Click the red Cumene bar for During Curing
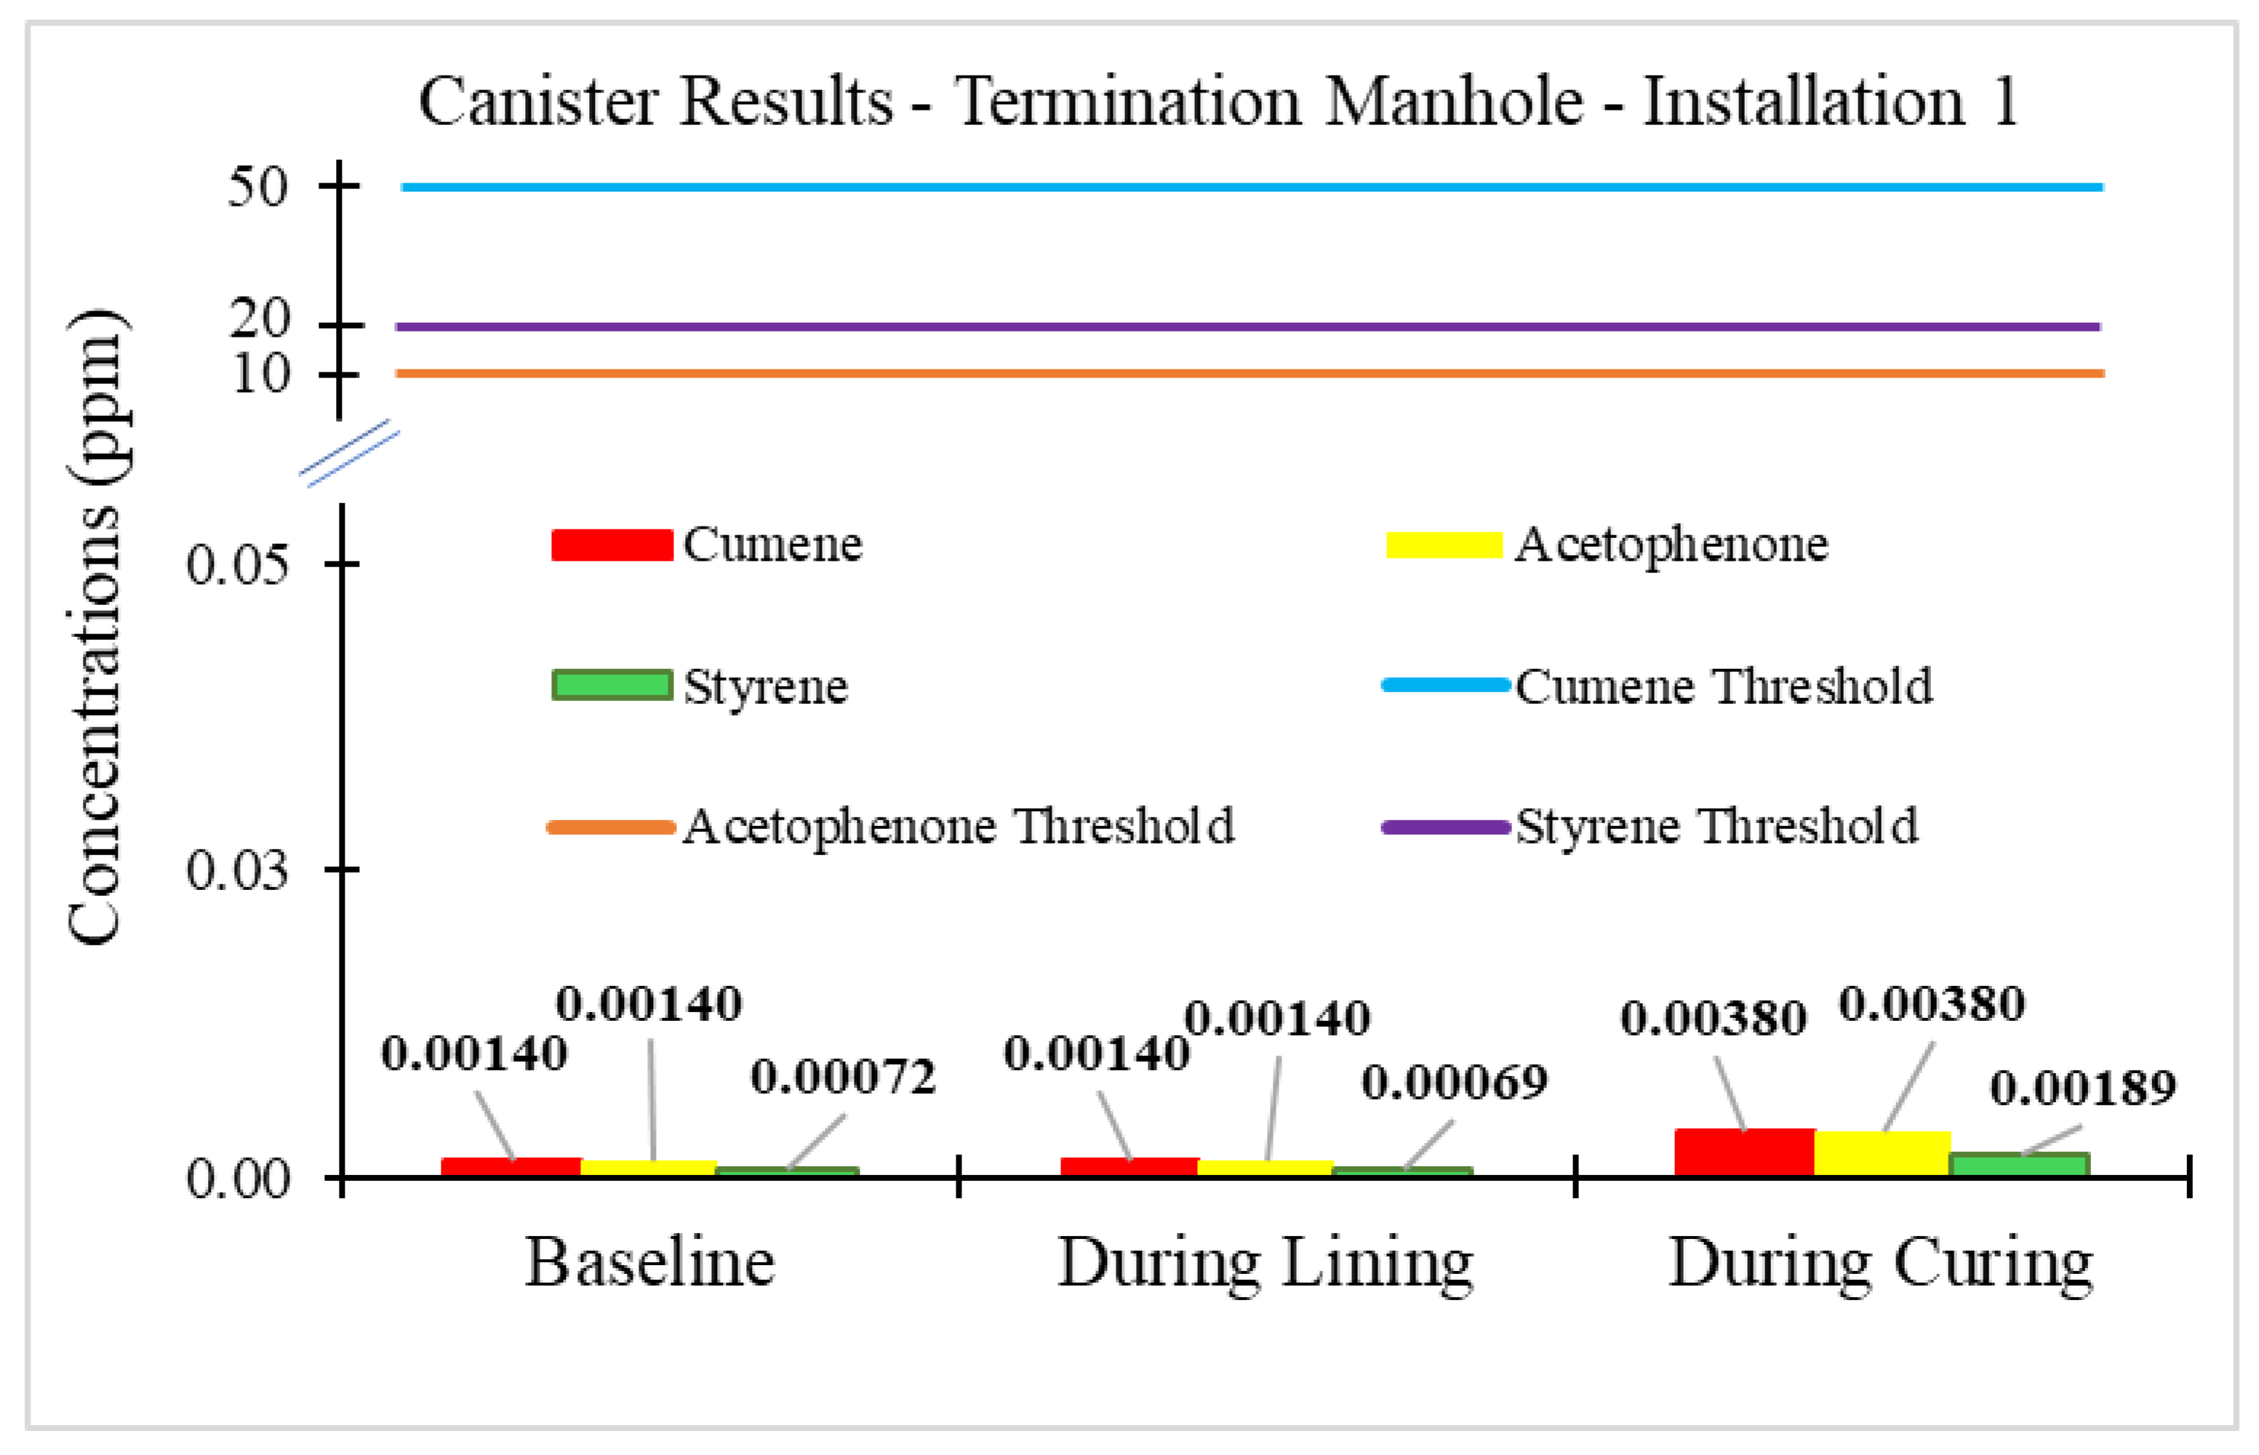click(x=1744, y=1152)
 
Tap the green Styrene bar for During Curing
click(x=2019, y=1164)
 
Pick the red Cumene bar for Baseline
click(x=511, y=1167)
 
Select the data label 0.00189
click(x=2082, y=1089)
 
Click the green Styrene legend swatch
click(x=612, y=685)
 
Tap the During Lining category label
click(x=1265, y=1263)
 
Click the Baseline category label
click(x=650, y=1263)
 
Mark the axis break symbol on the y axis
click(x=350, y=454)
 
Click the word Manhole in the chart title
click(x=1453, y=101)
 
